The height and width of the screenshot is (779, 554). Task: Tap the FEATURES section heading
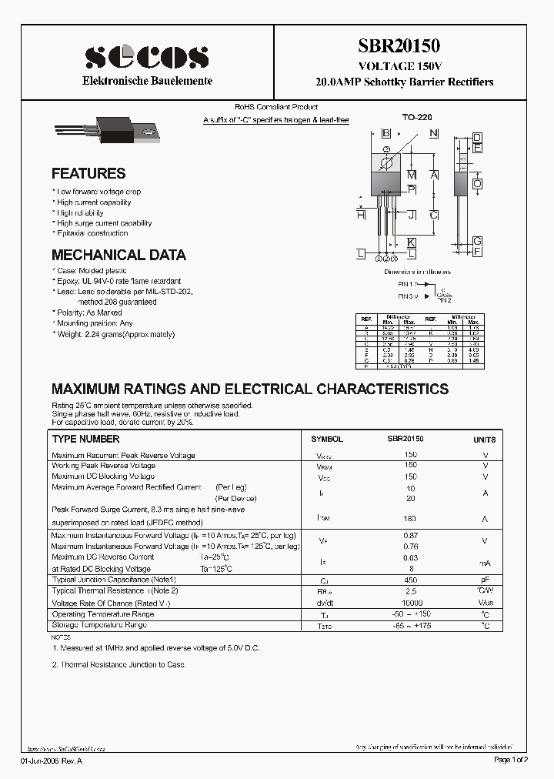(88, 174)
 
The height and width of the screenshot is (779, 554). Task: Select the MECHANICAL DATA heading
(118, 255)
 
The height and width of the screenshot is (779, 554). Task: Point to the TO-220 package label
(417, 117)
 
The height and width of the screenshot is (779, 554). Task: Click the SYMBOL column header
(326, 439)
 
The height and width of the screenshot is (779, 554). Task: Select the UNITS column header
(485, 440)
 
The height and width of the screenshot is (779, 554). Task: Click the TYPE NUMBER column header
(85, 439)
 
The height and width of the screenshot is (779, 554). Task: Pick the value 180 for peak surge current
(410, 519)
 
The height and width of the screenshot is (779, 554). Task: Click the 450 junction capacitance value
(410, 580)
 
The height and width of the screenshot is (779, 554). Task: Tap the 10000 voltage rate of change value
(410, 603)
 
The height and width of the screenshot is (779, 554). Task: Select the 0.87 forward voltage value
(410, 535)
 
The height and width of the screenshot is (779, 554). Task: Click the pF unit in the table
(485, 580)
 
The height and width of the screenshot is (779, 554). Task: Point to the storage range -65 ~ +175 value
(410, 626)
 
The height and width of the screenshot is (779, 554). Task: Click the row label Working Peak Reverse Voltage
(103, 466)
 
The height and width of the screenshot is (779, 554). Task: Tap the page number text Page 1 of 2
(510, 760)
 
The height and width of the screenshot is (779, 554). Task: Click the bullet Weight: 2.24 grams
(115, 334)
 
